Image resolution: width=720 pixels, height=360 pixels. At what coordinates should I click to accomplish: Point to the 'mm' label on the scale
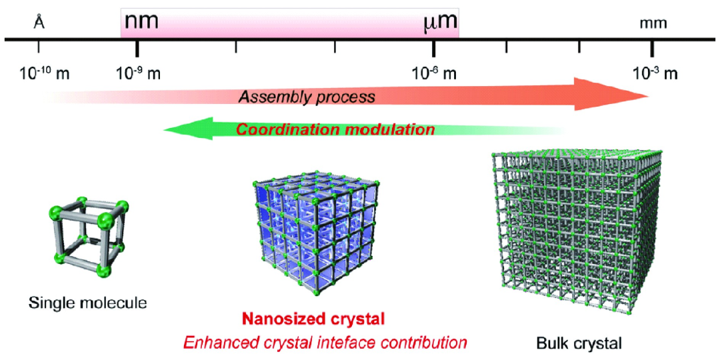[x=653, y=24]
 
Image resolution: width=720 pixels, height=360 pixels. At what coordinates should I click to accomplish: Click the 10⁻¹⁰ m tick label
[x=44, y=73]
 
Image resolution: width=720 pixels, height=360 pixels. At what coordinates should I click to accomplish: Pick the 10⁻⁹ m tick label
[x=138, y=73]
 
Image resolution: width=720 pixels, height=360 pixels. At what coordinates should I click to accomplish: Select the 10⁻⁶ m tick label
[x=435, y=73]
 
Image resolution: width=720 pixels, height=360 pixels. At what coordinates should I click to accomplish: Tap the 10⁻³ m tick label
[x=655, y=73]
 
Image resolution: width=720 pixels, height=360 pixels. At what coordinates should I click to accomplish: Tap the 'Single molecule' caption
[x=87, y=303]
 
